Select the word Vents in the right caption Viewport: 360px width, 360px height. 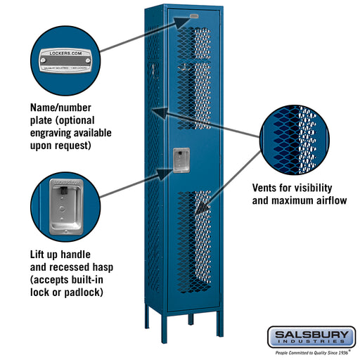point(266,188)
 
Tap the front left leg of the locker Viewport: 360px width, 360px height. point(172,320)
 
